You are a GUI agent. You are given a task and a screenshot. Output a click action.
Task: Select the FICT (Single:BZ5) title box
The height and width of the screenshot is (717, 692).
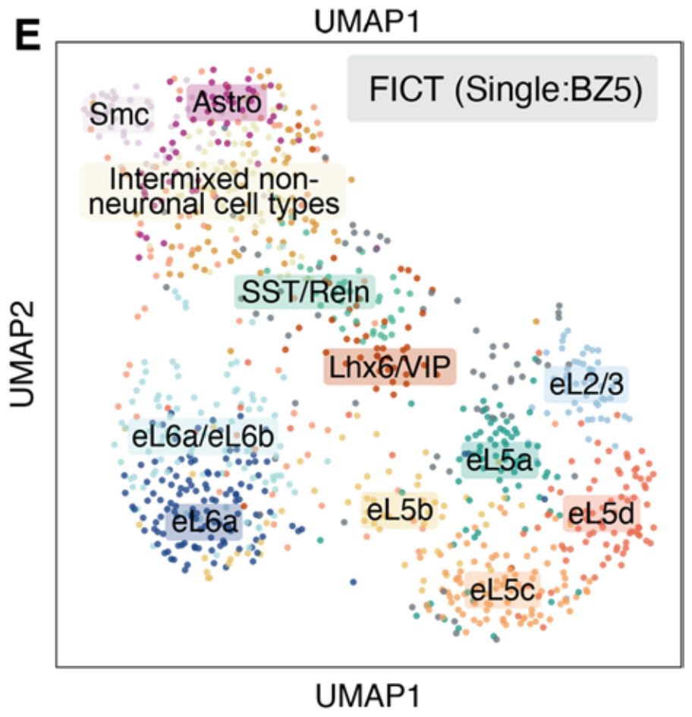point(502,89)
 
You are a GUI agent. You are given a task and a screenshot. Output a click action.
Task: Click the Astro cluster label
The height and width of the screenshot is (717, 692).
point(227,102)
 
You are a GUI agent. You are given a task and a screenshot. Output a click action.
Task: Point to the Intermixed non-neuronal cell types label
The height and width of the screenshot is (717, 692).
point(212,191)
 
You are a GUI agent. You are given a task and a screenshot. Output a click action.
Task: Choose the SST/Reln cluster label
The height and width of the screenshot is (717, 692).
point(305,293)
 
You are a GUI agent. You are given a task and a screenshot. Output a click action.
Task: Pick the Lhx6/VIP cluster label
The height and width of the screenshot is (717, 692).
point(390,368)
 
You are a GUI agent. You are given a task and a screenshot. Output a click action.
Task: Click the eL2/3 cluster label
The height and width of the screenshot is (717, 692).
point(586,387)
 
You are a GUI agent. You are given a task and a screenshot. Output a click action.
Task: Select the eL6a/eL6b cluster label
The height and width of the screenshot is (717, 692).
point(203,436)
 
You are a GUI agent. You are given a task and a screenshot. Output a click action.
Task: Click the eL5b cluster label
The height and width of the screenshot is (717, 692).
point(399,510)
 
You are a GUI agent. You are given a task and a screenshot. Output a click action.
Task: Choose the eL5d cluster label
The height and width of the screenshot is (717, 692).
point(600,514)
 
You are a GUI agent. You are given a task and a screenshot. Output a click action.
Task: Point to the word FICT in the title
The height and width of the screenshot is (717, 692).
point(396,89)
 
